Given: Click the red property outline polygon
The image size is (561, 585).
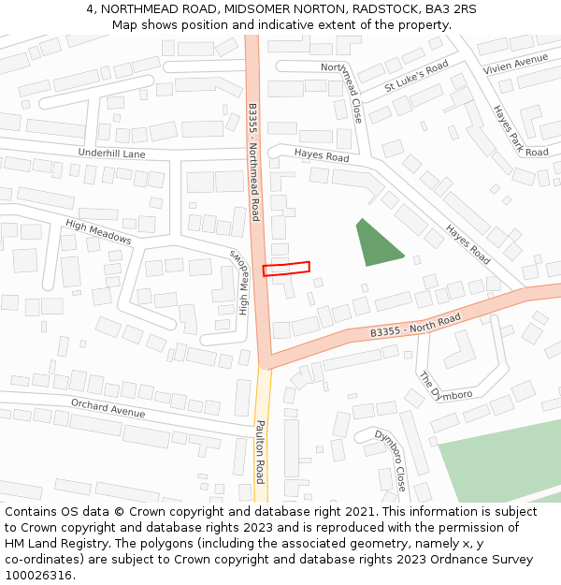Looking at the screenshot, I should (x=286, y=269).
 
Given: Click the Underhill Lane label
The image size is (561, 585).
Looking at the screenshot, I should (x=112, y=154).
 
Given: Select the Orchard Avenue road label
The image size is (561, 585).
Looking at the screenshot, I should (x=108, y=408).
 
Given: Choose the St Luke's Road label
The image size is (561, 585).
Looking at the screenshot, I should (x=416, y=76).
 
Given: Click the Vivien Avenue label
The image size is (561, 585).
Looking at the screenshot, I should (x=515, y=65).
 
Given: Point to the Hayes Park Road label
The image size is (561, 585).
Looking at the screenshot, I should (x=521, y=130).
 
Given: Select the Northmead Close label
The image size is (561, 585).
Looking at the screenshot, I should (x=341, y=92).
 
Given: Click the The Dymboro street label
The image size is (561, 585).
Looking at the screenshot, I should (x=445, y=386).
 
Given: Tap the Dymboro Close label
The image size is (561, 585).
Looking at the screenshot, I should (x=391, y=460).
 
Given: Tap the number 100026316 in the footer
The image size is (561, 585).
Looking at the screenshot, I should (x=40, y=575).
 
